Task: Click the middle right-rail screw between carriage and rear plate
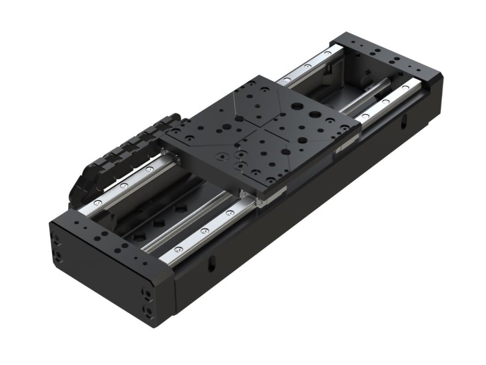click(x=385, y=102)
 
